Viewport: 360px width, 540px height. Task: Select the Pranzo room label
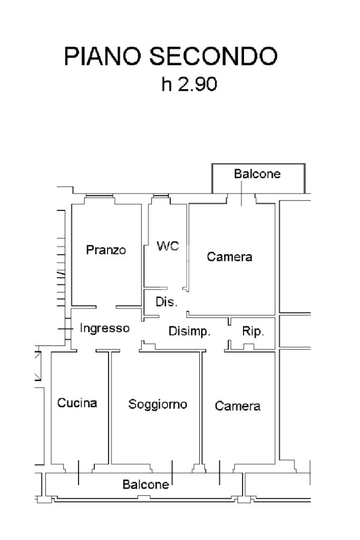coord(106,250)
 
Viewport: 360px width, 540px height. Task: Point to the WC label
coord(168,246)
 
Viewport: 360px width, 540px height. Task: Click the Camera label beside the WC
coord(229,257)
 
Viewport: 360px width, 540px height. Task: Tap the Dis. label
coord(167,303)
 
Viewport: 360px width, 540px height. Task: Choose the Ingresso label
coord(104,328)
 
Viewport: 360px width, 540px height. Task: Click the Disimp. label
coord(190,332)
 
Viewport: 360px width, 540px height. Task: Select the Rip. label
coord(253,332)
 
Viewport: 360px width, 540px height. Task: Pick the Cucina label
coord(77,403)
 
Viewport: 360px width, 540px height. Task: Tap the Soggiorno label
coord(158,404)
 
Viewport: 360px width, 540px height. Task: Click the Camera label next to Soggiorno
coord(238,406)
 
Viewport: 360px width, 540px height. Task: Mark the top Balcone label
coord(257,173)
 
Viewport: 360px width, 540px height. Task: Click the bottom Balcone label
coord(146,484)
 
